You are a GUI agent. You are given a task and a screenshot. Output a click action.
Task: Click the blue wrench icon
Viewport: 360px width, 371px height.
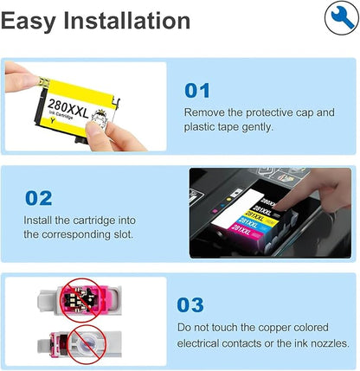coord(343,18)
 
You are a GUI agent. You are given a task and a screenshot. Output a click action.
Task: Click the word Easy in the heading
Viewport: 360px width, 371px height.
coord(29,22)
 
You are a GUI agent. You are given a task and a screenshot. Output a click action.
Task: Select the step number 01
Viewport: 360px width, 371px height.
coord(197,91)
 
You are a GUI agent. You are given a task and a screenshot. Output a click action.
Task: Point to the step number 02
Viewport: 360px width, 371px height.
coord(39,198)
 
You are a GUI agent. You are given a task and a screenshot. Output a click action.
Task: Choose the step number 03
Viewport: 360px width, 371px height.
coord(190,305)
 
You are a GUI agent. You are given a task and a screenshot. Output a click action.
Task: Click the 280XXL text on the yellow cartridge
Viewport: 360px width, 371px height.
coord(68,108)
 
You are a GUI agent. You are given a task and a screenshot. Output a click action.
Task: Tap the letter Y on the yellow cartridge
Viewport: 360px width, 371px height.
coord(52,120)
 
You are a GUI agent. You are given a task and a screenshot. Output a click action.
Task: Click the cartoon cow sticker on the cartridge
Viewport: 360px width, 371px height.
coord(100,118)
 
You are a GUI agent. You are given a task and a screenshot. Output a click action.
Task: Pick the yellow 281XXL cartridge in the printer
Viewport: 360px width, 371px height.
coord(260,217)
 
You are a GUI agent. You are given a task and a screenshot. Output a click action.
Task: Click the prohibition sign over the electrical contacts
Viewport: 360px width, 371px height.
coord(79,300)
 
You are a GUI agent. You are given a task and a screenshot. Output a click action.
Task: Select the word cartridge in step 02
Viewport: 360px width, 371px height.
coord(93,221)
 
